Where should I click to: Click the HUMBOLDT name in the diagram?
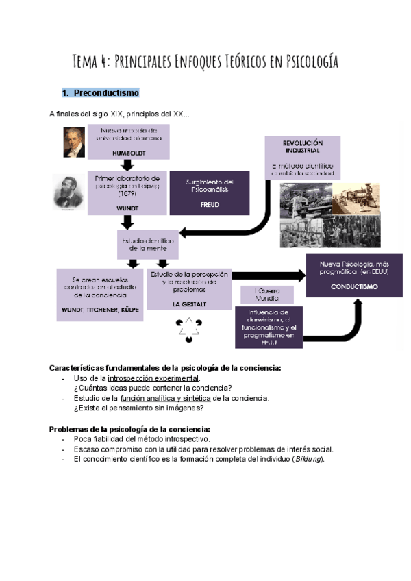(127, 153)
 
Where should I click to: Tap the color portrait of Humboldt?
(71, 142)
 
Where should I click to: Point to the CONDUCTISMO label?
(354, 286)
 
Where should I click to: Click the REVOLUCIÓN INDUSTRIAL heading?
(302, 146)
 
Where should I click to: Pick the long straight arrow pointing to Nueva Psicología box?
(268, 275)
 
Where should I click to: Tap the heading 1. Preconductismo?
(101, 92)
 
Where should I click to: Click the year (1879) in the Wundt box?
(127, 194)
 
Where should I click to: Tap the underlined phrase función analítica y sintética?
(165, 398)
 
